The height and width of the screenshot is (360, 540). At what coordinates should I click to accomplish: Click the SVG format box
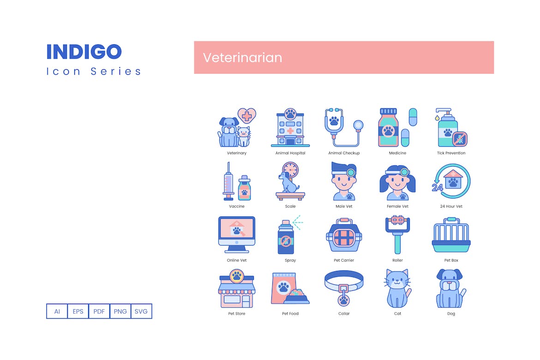141,311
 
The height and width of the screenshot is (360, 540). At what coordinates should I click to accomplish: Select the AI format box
57,311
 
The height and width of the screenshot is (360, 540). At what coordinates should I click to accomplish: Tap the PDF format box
99,311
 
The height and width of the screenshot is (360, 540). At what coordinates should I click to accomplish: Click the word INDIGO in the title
84,52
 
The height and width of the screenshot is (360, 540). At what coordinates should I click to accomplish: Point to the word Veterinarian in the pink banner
242,58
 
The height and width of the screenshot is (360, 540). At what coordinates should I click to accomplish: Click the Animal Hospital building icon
290,127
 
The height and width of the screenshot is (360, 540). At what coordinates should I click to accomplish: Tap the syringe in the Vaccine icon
228,181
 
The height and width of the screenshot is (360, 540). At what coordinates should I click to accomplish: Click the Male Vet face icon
344,181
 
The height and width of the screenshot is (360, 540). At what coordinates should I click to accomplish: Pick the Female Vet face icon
397,183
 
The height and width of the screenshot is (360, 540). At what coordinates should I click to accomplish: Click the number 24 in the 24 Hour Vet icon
438,187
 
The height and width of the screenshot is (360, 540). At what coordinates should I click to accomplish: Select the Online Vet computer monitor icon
237,234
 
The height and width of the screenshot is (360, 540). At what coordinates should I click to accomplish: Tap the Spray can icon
286,237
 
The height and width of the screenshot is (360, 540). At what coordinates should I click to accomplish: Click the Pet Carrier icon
344,235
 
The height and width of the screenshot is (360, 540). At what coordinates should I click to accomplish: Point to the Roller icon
397,234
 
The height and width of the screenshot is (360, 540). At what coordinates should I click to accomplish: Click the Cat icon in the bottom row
397,288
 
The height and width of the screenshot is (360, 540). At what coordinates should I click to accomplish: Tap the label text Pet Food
290,313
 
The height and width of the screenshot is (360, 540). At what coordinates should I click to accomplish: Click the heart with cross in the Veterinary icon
246,116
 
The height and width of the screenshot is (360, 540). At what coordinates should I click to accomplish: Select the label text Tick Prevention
451,153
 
